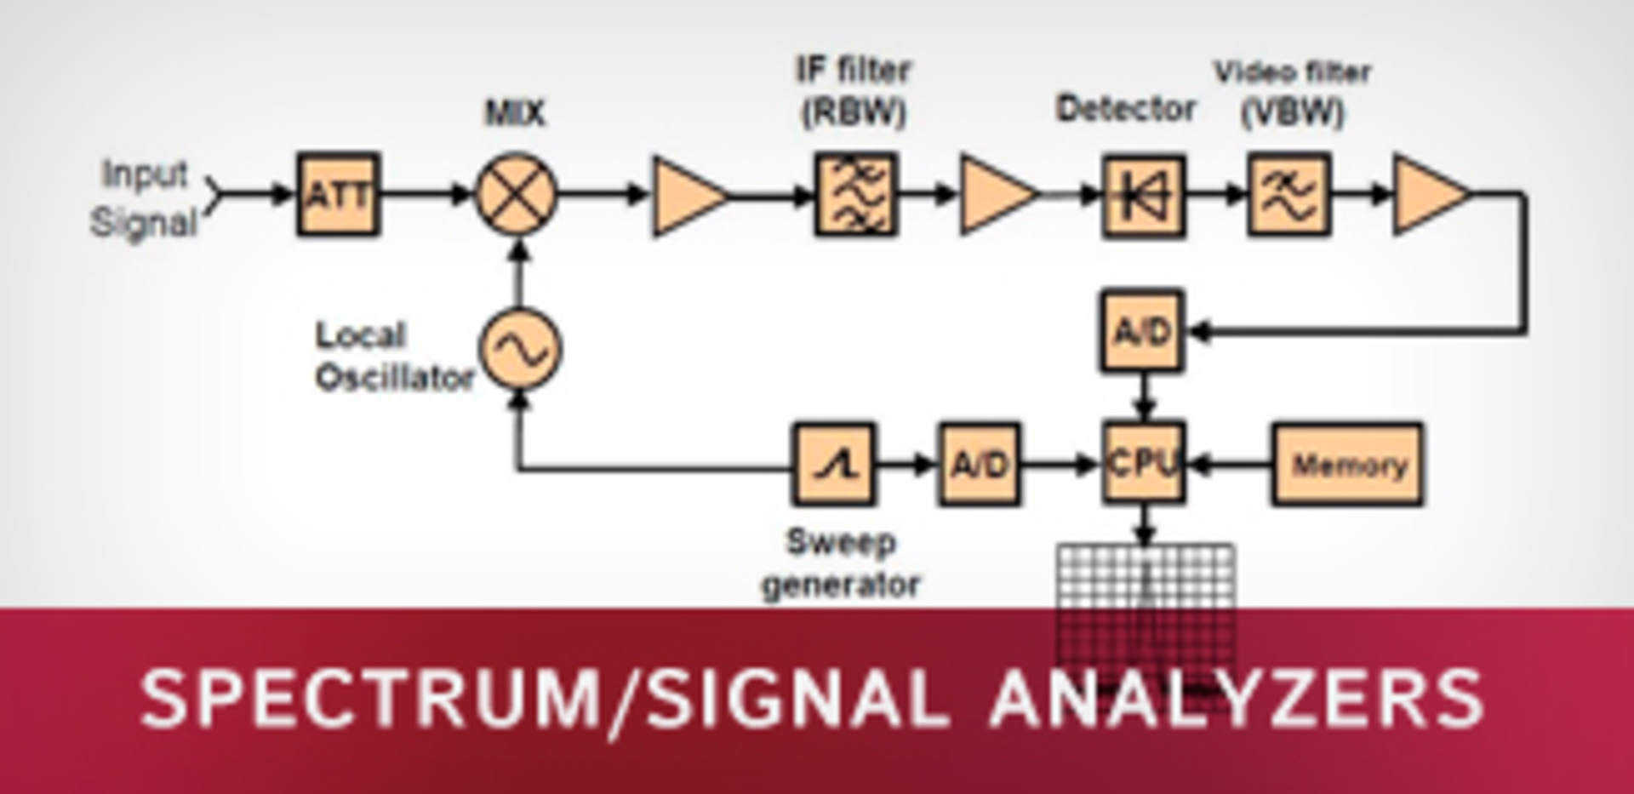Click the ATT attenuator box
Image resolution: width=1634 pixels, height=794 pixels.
pyautogui.click(x=338, y=194)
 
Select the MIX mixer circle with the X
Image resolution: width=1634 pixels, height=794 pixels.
pyautogui.click(x=516, y=194)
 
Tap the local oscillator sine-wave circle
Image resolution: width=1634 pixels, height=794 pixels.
pyautogui.click(x=520, y=349)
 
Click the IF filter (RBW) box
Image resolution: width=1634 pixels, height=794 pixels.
pyautogui.click(x=855, y=194)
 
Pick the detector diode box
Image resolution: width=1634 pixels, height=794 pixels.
pyautogui.click(x=1143, y=196)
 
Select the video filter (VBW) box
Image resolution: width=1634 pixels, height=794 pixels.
pyautogui.click(x=1288, y=194)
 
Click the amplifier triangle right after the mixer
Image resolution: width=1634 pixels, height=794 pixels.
pyautogui.click(x=686, y=196)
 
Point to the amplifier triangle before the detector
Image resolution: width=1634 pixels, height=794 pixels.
pyautogui.click(x=995, y=194)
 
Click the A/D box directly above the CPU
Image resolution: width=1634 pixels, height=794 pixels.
pyautogui.click(x=1141, y=331)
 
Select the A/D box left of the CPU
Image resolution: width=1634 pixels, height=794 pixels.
pyautogui.click(x=979, y=465)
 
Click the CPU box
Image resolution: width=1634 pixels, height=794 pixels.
pyautogui.click(x=1143, y=463)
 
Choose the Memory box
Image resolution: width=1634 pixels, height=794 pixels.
pyautogui.click(x=1347, y=465)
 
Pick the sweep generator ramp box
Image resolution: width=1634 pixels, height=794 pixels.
pyautogui.click(x=834, y=465)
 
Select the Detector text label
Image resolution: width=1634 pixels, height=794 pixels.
pyautogui.click(x=1125, y=109)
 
